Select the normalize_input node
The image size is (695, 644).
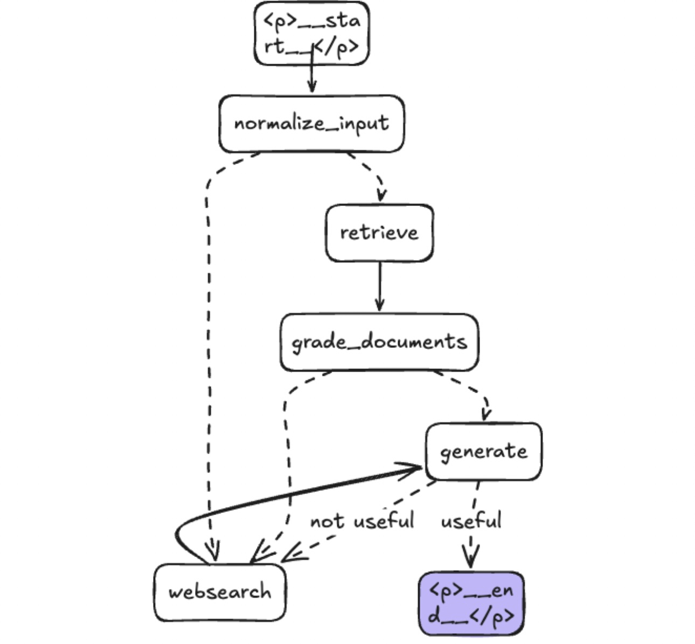tap(311, 124)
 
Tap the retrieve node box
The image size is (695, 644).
tap(379, 233)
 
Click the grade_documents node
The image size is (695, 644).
tap(379, 342)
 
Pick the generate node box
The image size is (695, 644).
tap(483, 451)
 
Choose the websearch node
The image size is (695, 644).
tap(220, 592)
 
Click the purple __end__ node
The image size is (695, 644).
tap(471, 602)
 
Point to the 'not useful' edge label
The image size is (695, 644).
tap(362, 521)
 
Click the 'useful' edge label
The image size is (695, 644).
tap(471, 521)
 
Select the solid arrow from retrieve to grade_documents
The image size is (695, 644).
tap(379, 286)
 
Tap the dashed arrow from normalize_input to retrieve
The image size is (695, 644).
tap(372, 173)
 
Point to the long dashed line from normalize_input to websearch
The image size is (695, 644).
tap(208, 351)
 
